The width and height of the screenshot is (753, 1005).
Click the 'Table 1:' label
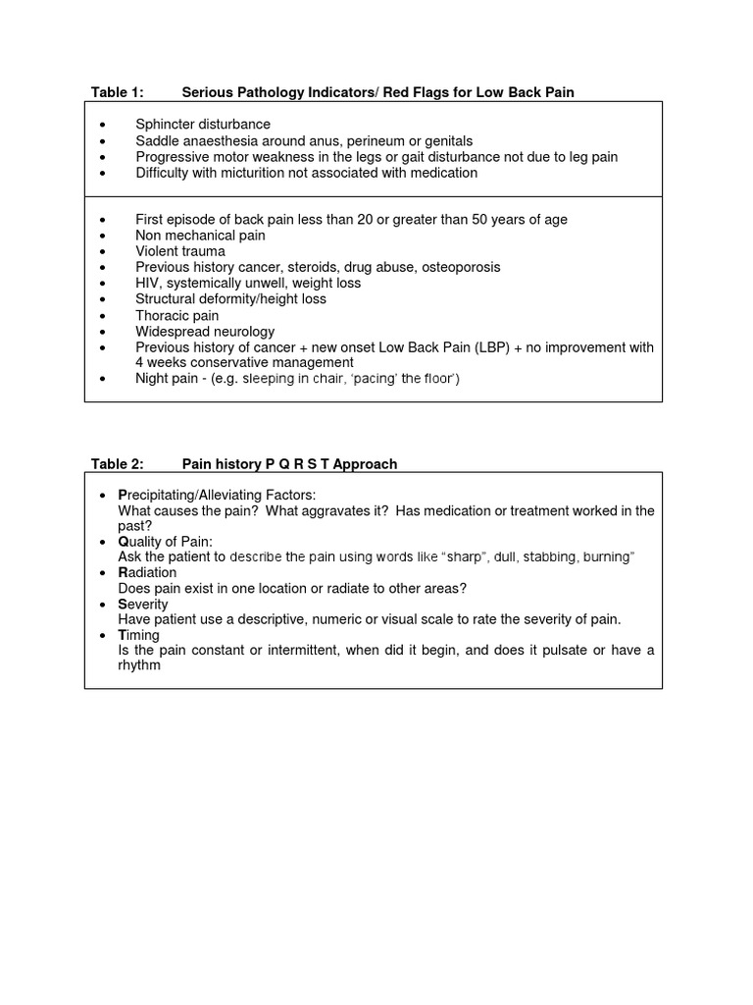pyautogui.click(x=117, y=92)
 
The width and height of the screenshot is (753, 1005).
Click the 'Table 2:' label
pyautogui.click(x=117, y=464)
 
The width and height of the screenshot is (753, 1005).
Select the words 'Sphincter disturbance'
pyautogui.click(x=203, y=125)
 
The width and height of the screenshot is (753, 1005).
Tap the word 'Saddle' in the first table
pyautogui.click(x=157, y=141)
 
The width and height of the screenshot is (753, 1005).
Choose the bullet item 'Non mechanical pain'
pyautogui.click(x=200, y=236)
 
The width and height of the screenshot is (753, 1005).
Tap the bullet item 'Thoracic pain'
pyautogui.click(x=177, y=316)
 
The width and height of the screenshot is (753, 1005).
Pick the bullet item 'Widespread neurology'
pyautogui.click(x=205, y=332)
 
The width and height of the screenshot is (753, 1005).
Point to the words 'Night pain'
pyautogui.click(x=167, y=379)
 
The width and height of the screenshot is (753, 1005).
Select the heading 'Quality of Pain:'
pyautogui.click(x=165, y=541)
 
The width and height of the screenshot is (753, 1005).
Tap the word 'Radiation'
pyautogui.click(x=147, y=572)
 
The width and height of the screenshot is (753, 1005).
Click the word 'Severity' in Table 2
pyautogui.click(x=143, y=604)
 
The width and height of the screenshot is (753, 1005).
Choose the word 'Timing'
pyautogui.click(x=138, y=635)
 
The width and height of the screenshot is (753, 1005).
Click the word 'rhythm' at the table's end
pyautogui.click(x=138, y=665)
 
